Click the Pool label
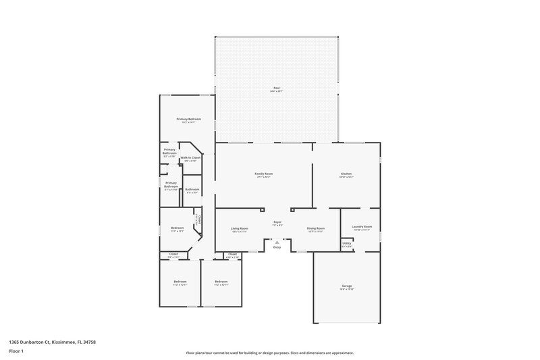pyautogui.click(x=276, y=88)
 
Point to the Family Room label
pyautogui.click(x=263, y=174)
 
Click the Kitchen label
pyautogui.click(x=346, y=174)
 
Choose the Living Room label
pyautogui.click(x=240, y=228)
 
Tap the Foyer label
pyautogui.click(x=277, y=222)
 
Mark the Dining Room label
pyautogui.click(x=315, y=228)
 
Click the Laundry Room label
pyautogui.click(x=362, y=227)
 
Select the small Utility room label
pyautogui.click(x=347, y=243)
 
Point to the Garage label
pyautogui.click(x=346, y=286)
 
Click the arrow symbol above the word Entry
pyautogui.click(x=277, y=241)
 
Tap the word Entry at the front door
pyautogui.click(x=277, y=247)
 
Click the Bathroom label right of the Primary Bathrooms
pyautogui.click(x=192, y=189)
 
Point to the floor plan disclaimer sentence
pyautogui.click(x=269, y=353)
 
